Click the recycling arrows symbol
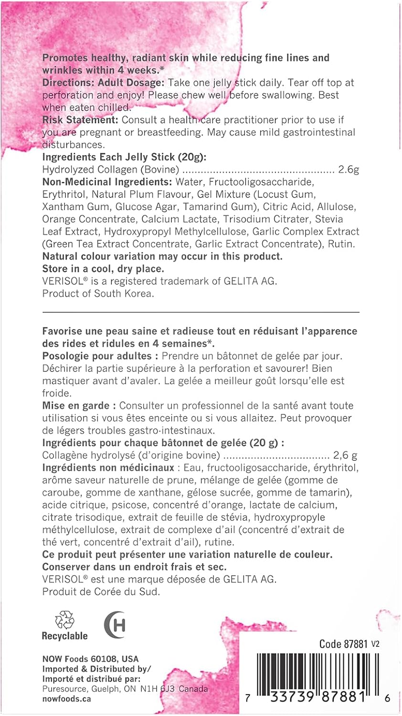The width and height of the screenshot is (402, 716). click(64, 620)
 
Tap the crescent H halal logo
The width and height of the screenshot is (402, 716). click(115, 624)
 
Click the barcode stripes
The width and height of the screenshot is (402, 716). click(317, 673)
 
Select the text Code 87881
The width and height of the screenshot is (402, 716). click(344, 644)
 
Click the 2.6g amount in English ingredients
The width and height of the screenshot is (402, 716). click(349, 169)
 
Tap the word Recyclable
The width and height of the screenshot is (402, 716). click(65, 636)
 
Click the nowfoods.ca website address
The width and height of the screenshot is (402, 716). click(66, 699)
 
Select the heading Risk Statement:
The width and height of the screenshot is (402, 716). click(80, 120)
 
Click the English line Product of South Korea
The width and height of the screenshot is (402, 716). click(98, 294)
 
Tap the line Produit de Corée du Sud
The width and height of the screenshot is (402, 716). click(101, 591)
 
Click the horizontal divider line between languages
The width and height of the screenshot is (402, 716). click(201, 312)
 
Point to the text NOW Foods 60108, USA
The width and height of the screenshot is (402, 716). click(90, 659)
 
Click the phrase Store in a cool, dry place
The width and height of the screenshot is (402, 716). click(103, 269)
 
